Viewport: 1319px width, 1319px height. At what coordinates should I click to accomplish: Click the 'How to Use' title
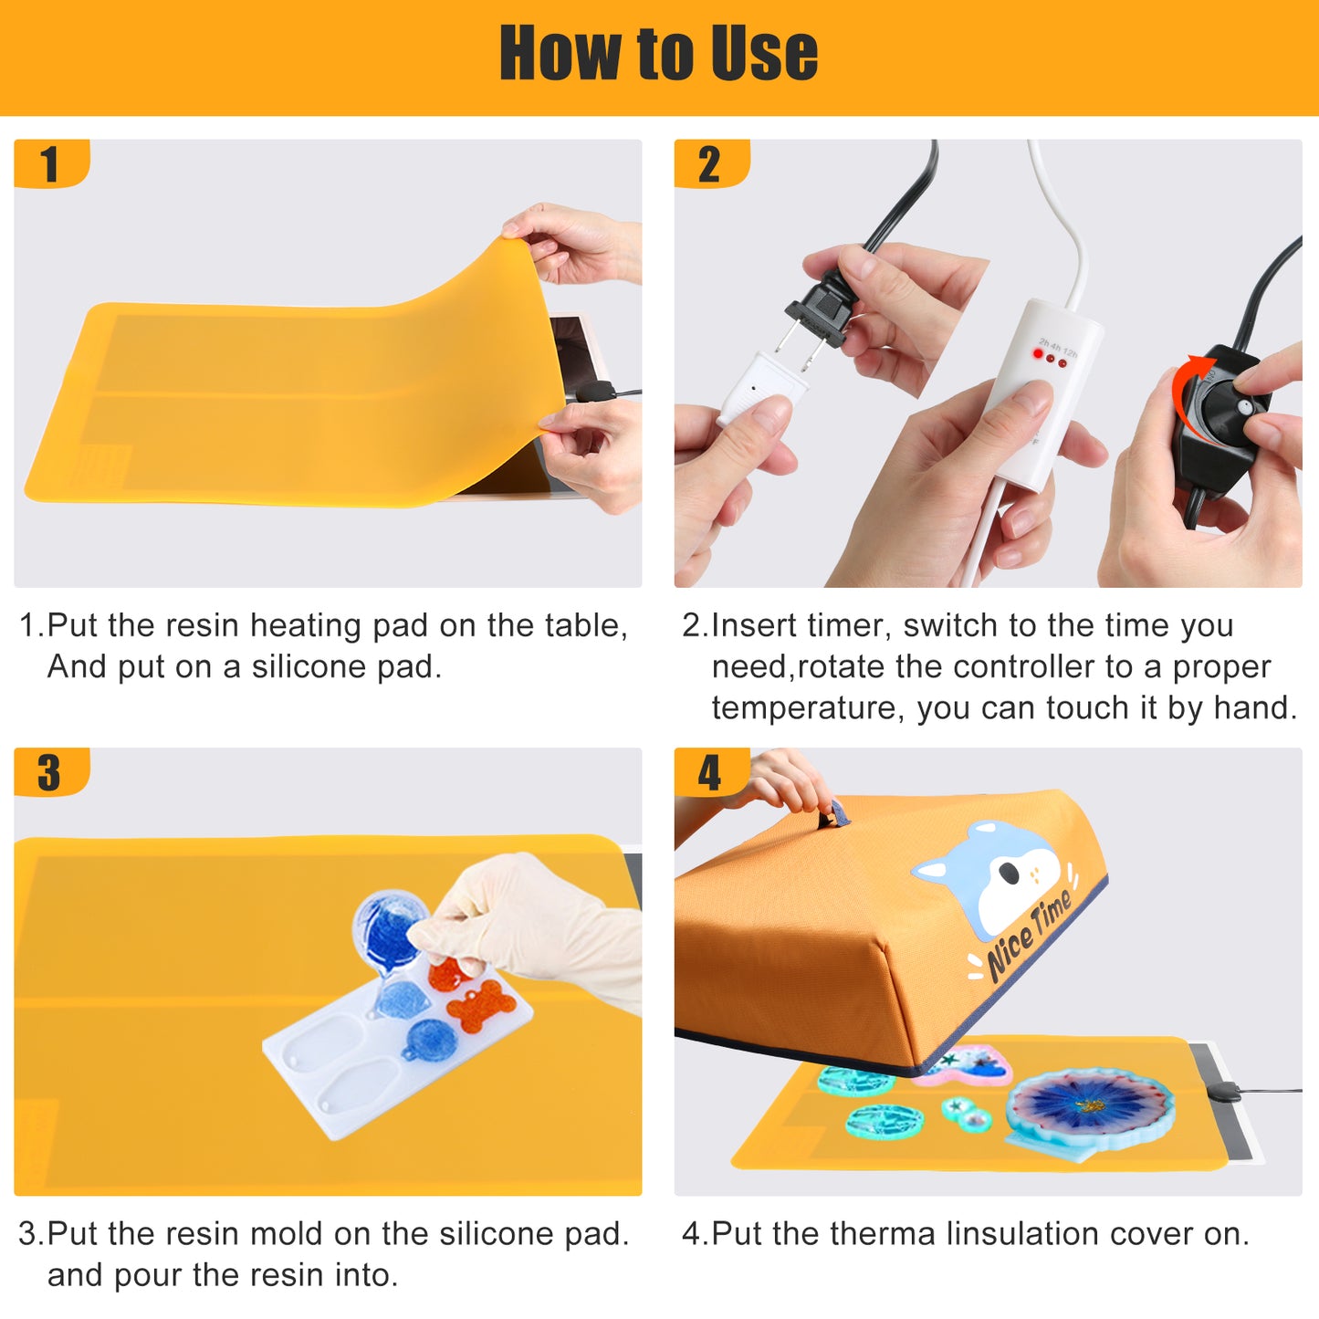(658, 53)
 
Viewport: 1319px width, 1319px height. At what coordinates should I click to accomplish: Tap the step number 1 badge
(51, 163)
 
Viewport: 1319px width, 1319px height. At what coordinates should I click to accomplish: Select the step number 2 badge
(711, 163)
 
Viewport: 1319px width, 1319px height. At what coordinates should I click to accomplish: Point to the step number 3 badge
(51, 772)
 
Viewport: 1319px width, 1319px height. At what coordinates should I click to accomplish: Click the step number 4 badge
(711, 772)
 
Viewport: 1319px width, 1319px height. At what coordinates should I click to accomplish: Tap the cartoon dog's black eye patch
(1009, 872)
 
